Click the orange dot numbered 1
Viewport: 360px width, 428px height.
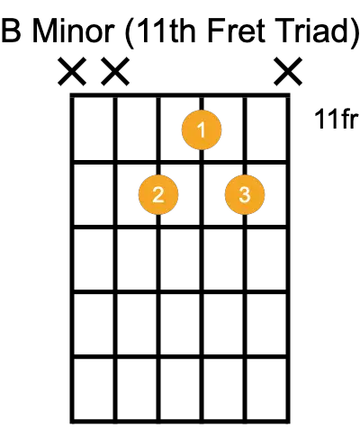click(x=202, y=129)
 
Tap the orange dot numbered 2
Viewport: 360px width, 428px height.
click(x=158, y=194)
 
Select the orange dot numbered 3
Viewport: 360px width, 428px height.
click(x=245, y=194)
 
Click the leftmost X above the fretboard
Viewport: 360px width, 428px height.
click(x=72, y=71)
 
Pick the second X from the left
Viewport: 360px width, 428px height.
click(x=115, y=71)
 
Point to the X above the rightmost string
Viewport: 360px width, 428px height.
click(x=288, y=71)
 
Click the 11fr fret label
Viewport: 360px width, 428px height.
click(x=337, y=120)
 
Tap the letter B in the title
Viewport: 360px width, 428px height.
click(x=12, y=31)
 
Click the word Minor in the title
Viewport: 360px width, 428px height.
click(x=74, y=31)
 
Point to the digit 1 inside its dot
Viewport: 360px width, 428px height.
click(x=202, y=129)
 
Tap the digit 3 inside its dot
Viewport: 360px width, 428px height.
click(x=245, y=195)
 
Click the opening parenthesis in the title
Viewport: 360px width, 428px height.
click(x=129, y=32)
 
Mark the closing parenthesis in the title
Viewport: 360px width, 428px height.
click(x=354, y=32)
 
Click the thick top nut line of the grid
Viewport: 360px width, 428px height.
click(x=180, y=95)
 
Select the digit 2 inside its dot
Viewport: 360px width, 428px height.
click(x=158, y=195)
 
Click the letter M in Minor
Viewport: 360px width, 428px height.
click(x=44, y=31)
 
